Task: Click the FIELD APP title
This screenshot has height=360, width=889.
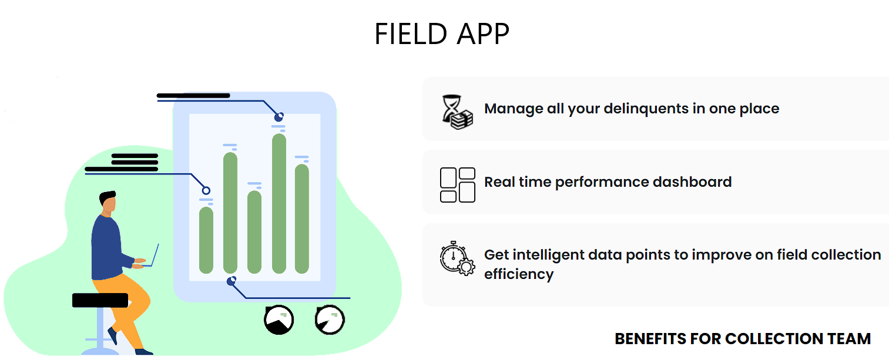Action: (x=442, y=34)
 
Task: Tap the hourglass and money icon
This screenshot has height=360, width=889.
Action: (x=457, y=112)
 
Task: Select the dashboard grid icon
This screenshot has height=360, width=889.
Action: (x=458, y=185)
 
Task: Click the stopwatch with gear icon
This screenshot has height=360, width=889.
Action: (x=457, y=258)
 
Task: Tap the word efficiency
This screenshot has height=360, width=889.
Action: (x=519, y=274)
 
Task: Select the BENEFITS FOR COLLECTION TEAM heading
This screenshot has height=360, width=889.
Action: (x=743, y=339)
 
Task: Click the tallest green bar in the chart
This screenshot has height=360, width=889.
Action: (x=279, y=203)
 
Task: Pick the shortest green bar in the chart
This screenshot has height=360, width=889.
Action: (x=206, y=240)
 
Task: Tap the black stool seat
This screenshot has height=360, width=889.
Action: (x=100, y=300)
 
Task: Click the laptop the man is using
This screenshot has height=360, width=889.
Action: (x=152, y=256)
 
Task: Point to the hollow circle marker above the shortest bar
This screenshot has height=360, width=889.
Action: (x=206, y=191)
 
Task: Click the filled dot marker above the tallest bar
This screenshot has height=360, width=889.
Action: (x=279, y=116)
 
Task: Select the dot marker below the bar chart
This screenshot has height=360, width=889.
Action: (x=232, y=281)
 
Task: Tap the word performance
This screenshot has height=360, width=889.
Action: (x=602, y=183)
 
